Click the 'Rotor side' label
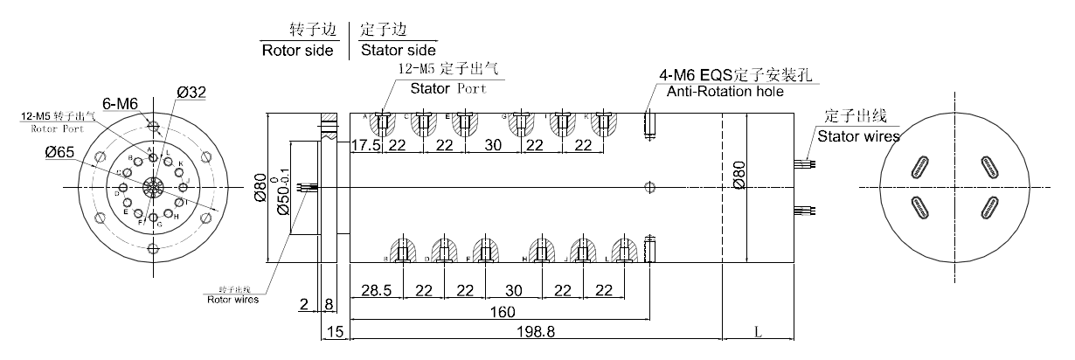coord(298,50)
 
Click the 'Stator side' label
coord(399,50)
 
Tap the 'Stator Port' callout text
coord(449,87)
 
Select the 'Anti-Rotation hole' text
coord(725,92)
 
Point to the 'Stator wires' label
coord(858,135)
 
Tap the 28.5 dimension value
coord(371,290)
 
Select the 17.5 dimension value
coord(365,145)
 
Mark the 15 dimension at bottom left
coord(335,331)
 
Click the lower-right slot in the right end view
coord(988,207)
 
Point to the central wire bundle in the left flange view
coord(154,188)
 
